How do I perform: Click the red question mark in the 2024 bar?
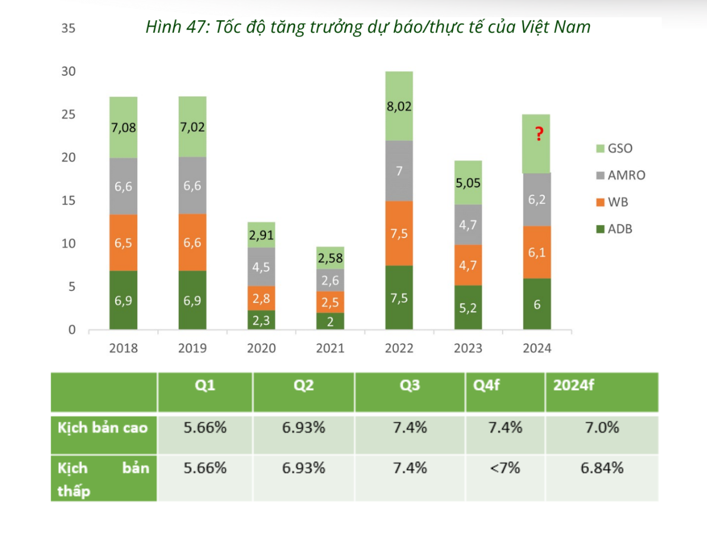538,135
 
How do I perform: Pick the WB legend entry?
611,202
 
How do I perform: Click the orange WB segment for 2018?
123,243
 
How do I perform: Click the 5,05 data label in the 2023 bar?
468,183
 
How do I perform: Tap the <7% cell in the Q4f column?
505,468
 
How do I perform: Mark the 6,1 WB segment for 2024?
536,252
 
